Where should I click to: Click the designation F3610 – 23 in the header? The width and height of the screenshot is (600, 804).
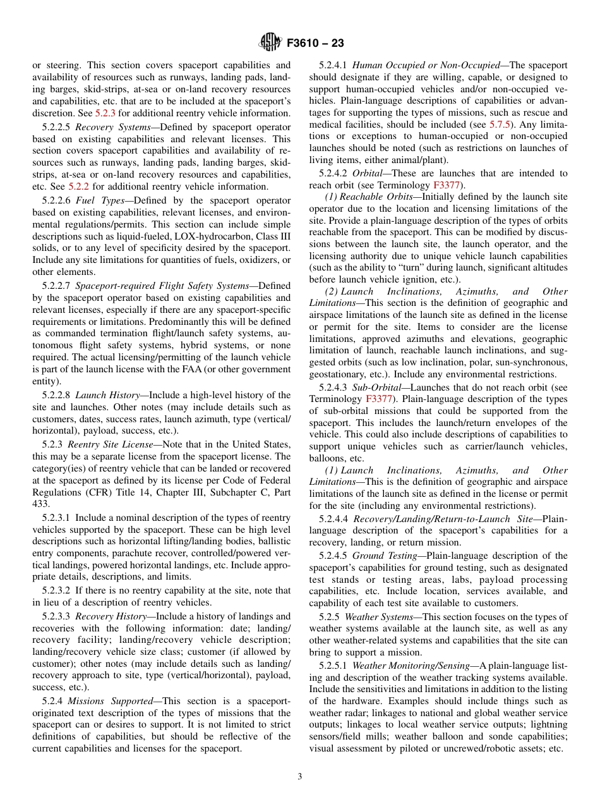315,44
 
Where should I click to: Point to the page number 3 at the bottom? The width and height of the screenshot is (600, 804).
300,777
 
